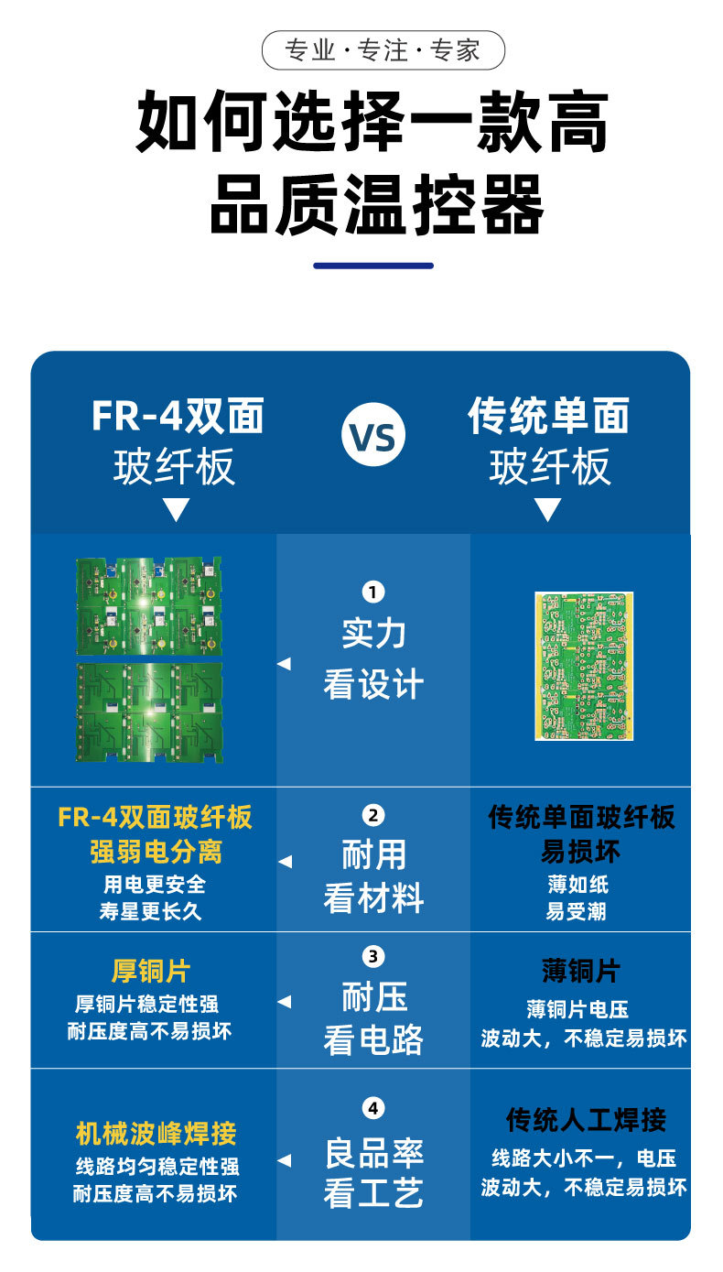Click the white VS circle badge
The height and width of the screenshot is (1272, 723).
[x=373, y=436]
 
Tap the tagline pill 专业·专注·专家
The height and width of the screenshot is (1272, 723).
[x=383, y=50]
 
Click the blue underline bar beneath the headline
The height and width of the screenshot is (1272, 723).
[x=373, y=266]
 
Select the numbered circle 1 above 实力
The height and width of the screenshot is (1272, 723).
[x=373, y=593]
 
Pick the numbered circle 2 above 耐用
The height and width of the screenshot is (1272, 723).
[x=373, y=815]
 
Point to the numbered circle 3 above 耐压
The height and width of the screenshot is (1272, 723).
[x=373, y=957]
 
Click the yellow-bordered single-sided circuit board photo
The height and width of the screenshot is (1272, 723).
[x=584, y=666]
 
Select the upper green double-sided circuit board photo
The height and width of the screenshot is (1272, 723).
[x=148, y=605]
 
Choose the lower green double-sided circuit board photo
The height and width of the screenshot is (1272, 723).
[x=148, y=712]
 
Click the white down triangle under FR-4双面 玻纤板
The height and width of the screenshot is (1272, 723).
[x=176, y=510]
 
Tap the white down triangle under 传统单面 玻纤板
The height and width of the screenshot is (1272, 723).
[x=548, y=510]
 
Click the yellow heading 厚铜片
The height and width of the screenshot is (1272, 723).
[x=151, y=971]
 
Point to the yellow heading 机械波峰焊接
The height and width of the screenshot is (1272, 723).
[x=156, y=1134]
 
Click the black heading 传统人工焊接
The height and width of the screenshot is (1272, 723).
[x=587, y=1119]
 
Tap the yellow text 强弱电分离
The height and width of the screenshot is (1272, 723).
[x=156, y=853]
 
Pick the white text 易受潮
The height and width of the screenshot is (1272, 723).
[x=577, y=912]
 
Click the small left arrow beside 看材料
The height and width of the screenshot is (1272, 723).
[x=285, y=862]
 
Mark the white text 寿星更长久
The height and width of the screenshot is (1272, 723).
[x=151, y=912]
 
